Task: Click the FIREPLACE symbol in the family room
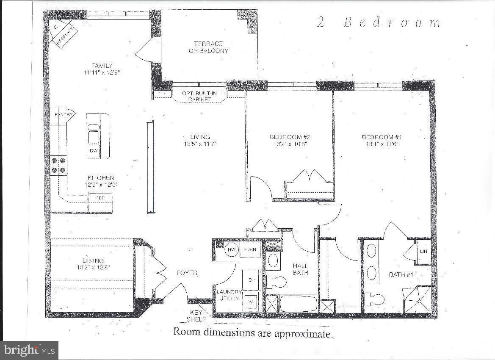tap(62, 35)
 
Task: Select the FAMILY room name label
tap(102, 66)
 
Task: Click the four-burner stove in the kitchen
tap(59, 165)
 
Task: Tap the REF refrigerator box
tap(100, 197)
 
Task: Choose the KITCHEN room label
tap(101, 178)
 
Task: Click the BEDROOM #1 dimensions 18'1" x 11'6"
tap(380, 144)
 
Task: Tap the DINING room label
tap(93, 260)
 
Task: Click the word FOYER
tap(187, 273)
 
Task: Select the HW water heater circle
tap(231, 249)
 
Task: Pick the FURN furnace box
tap(250, 249)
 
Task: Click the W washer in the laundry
tap(250, 301)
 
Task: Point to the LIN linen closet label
tap(423, 251)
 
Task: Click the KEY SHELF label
tap(197, 315)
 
